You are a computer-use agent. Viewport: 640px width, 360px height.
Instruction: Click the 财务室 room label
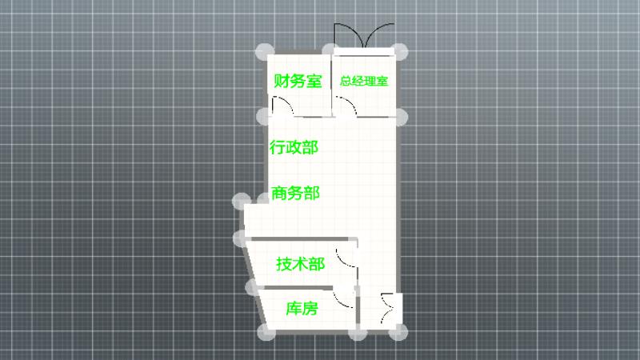(x=298, y=81)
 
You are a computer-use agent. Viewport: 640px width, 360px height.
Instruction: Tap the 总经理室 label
(x=364, y=81)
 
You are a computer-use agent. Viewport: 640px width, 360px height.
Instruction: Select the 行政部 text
(x=294, y=147)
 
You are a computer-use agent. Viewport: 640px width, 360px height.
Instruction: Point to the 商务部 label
(x=295, y=193)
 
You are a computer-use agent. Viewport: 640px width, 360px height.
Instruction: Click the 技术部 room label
(x=301, y=264)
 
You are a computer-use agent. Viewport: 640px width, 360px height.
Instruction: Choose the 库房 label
(x=302, y=308)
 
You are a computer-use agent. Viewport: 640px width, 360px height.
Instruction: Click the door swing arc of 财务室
(x=282, y=106)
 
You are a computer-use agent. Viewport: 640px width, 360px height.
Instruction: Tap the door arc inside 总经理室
(x=346, y=106)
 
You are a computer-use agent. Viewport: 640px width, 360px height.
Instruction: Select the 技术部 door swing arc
(x=346, y=258)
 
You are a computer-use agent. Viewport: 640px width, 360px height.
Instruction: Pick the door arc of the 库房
(x=343, y=298)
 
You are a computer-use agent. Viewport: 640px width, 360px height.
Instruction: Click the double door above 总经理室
(x=364, y=36)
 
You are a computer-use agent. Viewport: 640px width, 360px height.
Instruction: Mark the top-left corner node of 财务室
(x=265, y=52)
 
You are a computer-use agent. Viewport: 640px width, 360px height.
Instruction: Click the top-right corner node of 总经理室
(x=399, y=52)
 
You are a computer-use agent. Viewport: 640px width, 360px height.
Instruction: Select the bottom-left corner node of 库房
(x=266, y=333)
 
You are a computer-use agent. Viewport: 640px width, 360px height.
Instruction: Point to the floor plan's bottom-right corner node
(x=398, y=332)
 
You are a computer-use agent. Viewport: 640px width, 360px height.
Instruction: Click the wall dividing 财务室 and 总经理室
(x=331, y=86)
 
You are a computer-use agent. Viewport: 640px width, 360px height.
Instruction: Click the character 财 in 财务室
(x=282, y=81)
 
